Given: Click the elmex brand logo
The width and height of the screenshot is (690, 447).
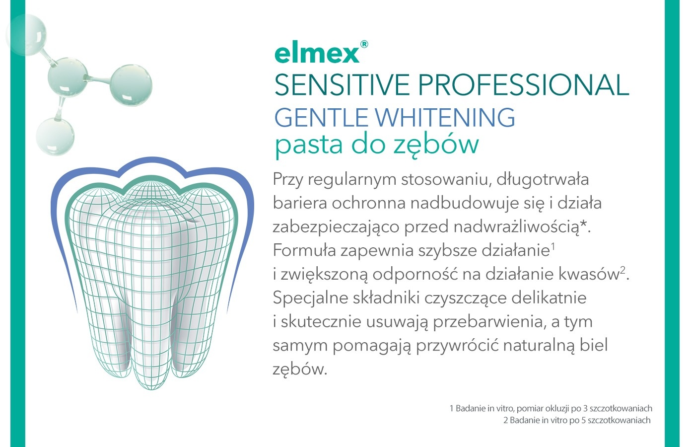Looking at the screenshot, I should [x=317, y=53].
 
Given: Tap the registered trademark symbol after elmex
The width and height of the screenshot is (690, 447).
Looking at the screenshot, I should [x=364, y=44].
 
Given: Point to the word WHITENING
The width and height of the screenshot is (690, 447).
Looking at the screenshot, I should [x=444, y=118].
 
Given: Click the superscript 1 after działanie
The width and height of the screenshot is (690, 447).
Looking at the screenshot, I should [x=552, y=245].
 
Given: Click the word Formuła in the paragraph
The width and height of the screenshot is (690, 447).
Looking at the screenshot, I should [x=304, y=250].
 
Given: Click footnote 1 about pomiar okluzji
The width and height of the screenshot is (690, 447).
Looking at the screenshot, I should [x=551, y=408].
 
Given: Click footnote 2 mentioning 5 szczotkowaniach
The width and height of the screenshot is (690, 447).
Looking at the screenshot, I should [x=576, y=420].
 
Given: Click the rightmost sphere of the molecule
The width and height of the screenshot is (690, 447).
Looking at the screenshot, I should [x=131, y=85].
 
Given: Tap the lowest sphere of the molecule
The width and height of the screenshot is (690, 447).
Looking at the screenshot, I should [x=55, y=136].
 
